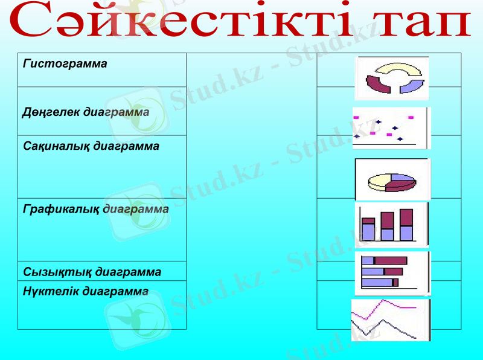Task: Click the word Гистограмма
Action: tap(65, 63)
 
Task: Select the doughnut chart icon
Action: tap(392, 78)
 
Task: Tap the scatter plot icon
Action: tap(391, 128)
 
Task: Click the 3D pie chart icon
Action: tap(392, 179)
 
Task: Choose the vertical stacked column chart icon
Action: tap(391, 224)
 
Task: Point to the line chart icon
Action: tap(391, 320)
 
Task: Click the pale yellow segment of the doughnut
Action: tap(393, 68)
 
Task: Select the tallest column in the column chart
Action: tap(406, 225)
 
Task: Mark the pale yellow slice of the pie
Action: tap(379, 181)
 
